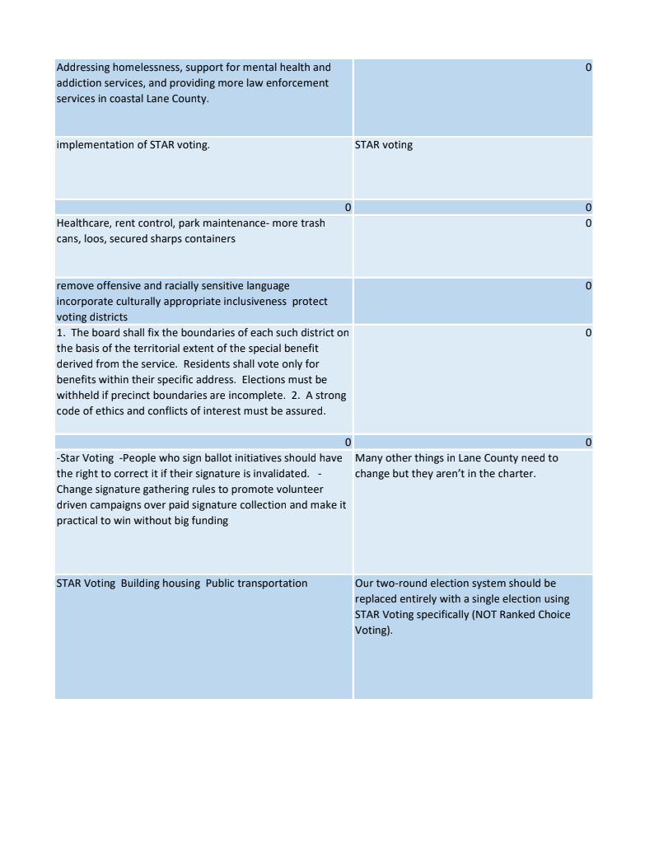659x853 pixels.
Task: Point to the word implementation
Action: click(91, 145)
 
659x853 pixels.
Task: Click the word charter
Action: click(512, 474)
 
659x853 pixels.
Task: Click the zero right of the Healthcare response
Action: click(587, 223)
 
